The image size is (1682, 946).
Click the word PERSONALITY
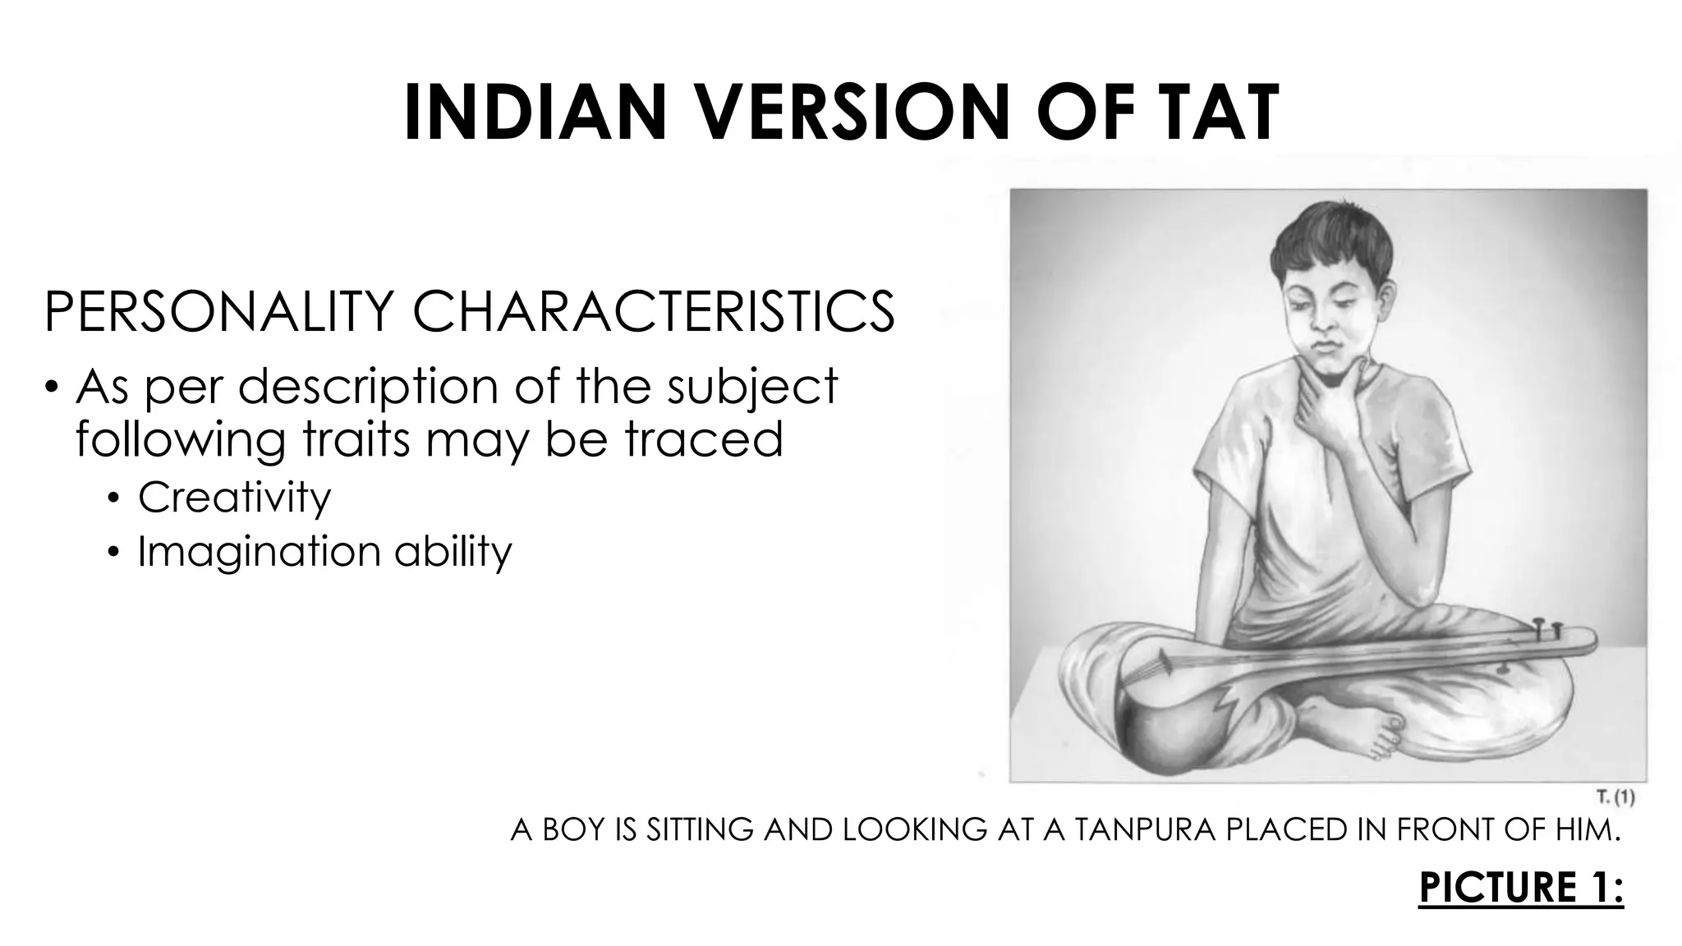point(217,312)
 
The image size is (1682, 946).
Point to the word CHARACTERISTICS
point(653,312)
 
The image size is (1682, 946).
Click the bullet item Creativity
point(234,498)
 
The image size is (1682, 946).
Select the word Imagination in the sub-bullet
point(259,552)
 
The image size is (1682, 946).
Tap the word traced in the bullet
point(703,439)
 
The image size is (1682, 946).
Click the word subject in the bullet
point(752,386)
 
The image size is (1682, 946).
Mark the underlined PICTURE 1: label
point(1521,889)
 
